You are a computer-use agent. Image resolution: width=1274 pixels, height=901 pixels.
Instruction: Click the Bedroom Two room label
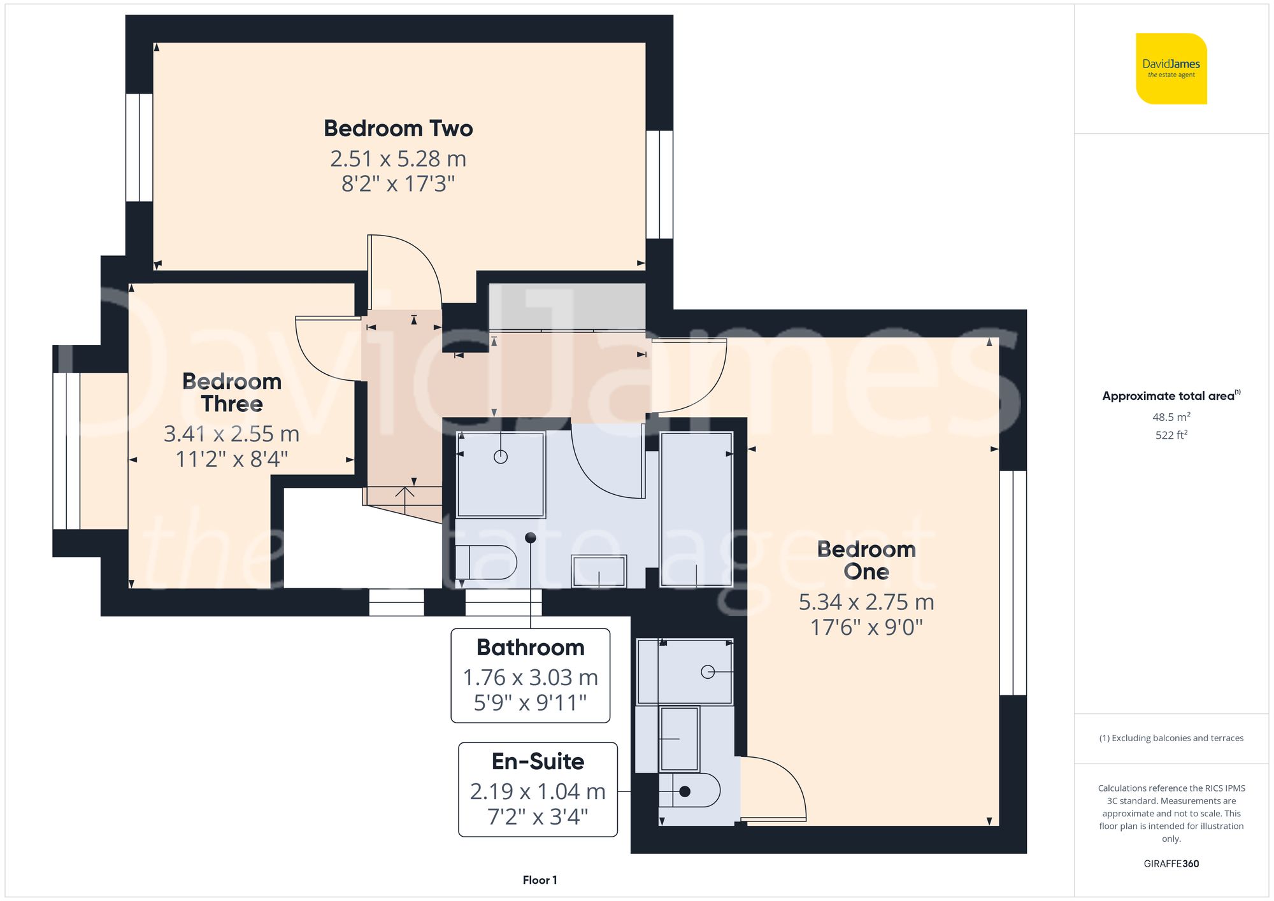point(398,129)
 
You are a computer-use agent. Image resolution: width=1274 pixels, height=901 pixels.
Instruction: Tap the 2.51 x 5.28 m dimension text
point(398,159)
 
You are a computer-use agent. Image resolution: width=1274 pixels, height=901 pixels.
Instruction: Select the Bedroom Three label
point(232,392)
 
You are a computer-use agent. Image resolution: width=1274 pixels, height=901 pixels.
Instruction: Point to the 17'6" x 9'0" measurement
point(866,627)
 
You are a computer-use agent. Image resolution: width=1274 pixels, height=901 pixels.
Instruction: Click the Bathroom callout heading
point(530,648)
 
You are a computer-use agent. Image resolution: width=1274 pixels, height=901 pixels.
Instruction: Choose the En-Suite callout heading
point(538,762)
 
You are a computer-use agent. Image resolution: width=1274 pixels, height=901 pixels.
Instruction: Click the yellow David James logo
point(1171,69)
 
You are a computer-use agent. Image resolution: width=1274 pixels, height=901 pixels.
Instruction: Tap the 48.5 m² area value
point(1171,417)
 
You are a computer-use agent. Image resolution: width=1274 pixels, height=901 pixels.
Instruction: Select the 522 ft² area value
point(1171,436)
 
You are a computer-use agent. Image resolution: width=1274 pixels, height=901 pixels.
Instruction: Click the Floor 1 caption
point(540,880)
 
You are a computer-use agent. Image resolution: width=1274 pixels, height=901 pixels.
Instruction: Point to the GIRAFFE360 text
point(1171,864)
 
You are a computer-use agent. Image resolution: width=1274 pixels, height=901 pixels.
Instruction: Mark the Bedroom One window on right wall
point(1013,583)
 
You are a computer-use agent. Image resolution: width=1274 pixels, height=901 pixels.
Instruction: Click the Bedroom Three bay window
point(66,451)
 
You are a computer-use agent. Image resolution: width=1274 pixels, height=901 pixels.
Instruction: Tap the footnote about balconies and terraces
point(1171,738)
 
